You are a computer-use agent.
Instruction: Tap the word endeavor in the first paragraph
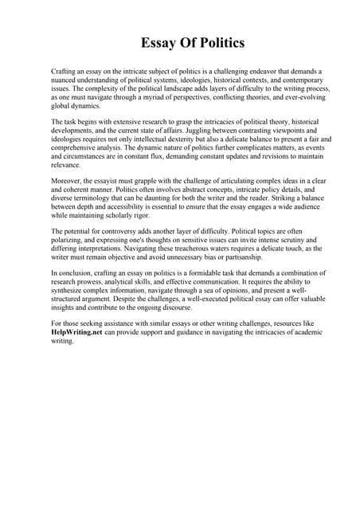click(252, 71)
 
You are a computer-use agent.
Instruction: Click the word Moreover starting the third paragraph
click(67, 181)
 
